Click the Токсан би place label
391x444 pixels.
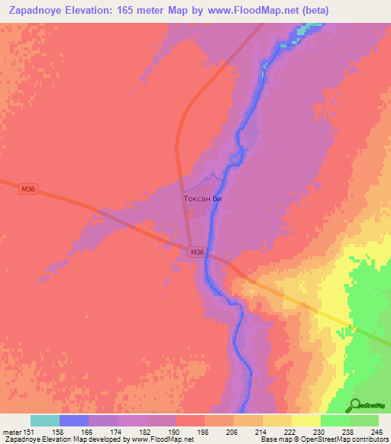click(x=202, y=198)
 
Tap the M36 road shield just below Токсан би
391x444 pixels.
click(x=197, y=253)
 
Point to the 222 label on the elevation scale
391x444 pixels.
click(x=280, y=431)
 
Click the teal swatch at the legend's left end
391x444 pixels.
click(x=45, y=420)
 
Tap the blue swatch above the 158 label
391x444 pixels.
click(x=74, y=420)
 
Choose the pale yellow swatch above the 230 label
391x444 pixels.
click(x=306, y=420)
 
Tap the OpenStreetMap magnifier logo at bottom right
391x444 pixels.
click(x=355, y=405)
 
